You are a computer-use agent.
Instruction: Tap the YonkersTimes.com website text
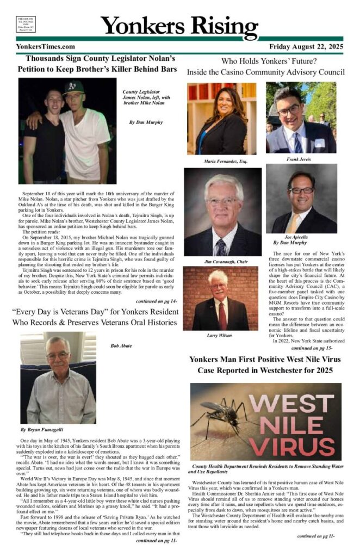click(x=46, y=47)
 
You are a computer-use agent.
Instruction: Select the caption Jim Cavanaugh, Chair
click(x=226, y=262)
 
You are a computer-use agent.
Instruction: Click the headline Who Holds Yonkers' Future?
click(x=266, y=60)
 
